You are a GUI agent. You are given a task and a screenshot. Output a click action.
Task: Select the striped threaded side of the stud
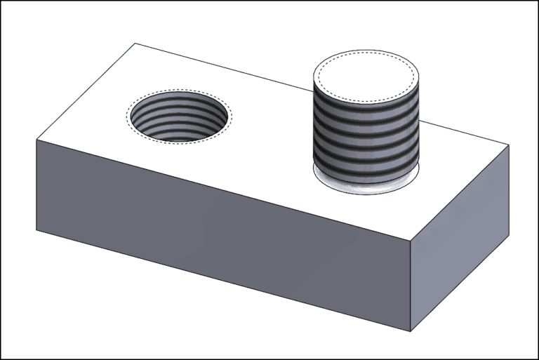pyautogui.click(x=366, y=133)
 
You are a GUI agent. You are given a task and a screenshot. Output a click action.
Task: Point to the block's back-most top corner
pyautogui.click(x=134, y=44)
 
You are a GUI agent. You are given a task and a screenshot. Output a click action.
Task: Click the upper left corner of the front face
pyautogui.click(x=36, y=140)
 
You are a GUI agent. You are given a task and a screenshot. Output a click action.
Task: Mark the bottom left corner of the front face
pyautogui.click(x=36, y=229)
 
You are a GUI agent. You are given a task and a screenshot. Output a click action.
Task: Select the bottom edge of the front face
pyautogui.click(x=225, y=281)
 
